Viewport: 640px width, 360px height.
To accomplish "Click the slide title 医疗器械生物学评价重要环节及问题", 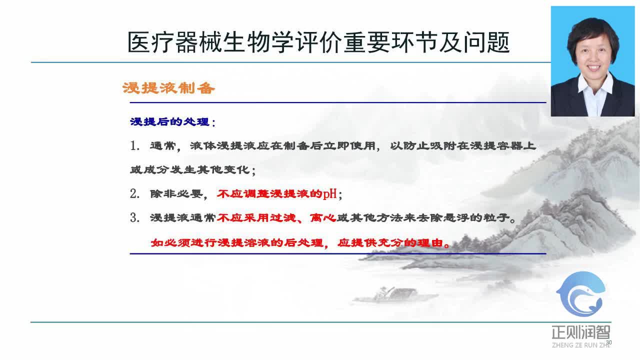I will (x=318, y=43).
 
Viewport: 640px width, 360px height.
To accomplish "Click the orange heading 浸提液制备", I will (x=168, y=89).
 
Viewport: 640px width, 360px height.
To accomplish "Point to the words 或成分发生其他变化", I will (x=190, y=170).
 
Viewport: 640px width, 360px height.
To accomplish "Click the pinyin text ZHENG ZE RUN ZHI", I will (x=580, y=345).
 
